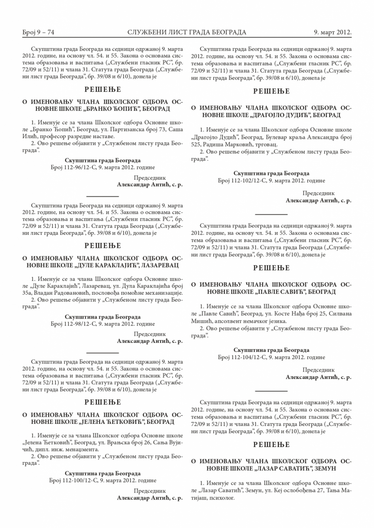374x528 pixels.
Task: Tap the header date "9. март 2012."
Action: [x=333, y=32]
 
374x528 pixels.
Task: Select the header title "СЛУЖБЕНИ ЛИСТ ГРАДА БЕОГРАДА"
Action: [x=187, y=32]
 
